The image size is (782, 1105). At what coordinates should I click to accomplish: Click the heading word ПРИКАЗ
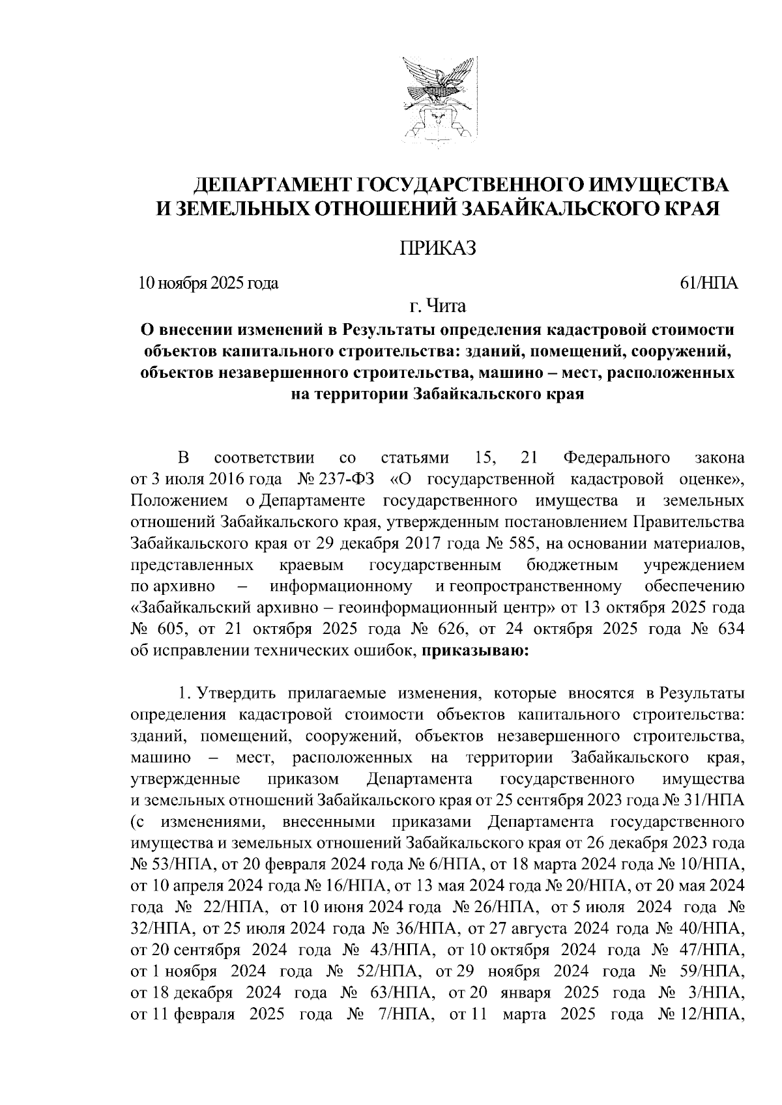[x=438, y=248]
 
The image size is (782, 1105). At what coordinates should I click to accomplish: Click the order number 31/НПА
[x=714, y=799]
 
